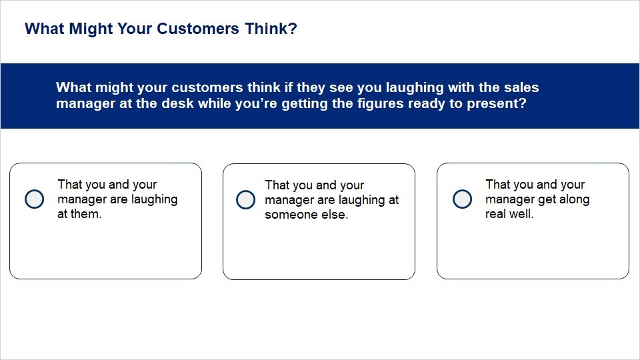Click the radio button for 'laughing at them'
coord(34,199)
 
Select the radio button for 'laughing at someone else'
coord(246,199)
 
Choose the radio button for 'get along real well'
coord(463,199)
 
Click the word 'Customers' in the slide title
coord(198,29)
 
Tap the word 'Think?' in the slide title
coord(271,29)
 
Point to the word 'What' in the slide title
coord(45,29)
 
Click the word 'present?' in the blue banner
coord(496,104)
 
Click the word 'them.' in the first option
coord(87,214)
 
